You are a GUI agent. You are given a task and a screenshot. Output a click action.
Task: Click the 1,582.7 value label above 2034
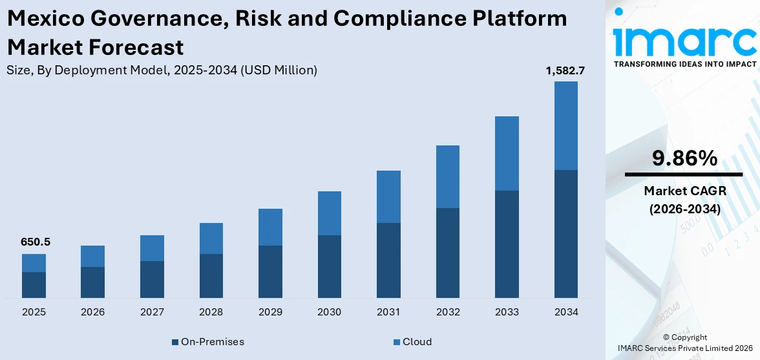pyautogui.click(x=565, y=71)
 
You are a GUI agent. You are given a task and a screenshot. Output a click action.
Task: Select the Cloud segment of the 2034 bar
pyautogui.click(x=565, y=125)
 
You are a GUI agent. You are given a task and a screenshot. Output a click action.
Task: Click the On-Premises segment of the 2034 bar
pyautogui.click(x=565, y=233)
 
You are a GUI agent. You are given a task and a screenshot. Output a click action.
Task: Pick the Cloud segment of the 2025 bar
pyautogui.click(x=34, y=263)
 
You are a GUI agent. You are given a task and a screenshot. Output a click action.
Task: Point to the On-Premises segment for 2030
pyautogui.click(x=330, y=266)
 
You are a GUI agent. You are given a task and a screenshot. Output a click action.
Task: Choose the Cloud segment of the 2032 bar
pyautogui.click(x=448, y=176)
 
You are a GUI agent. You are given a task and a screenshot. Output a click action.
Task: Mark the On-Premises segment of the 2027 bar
pyautogui.click(x=152, y=279)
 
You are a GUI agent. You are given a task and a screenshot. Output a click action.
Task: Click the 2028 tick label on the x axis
pyautogui.click(x=211, y=312)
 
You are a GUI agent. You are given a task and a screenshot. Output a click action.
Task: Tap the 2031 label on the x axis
pyautogui.click(x=388, y=312)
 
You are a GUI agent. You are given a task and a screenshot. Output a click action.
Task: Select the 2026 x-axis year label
pyautogui.click(x=93, y=312)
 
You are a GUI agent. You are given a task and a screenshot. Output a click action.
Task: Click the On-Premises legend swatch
pyautogui.click(x=175, y=342)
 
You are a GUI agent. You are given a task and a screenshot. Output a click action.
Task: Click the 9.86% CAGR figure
pyautogui.click(x=684, y=158)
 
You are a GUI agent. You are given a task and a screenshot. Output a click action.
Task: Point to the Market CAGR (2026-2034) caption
pyautogui.click(x=684, y=200)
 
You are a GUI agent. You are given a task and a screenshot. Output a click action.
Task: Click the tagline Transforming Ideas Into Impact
pyautogui.click(x=684, y=64)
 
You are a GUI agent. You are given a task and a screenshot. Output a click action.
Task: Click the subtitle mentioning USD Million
pyautogui.click(x=162, y=70)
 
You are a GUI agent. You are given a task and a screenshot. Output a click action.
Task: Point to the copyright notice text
pyautogui.click(x=684, y=343)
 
